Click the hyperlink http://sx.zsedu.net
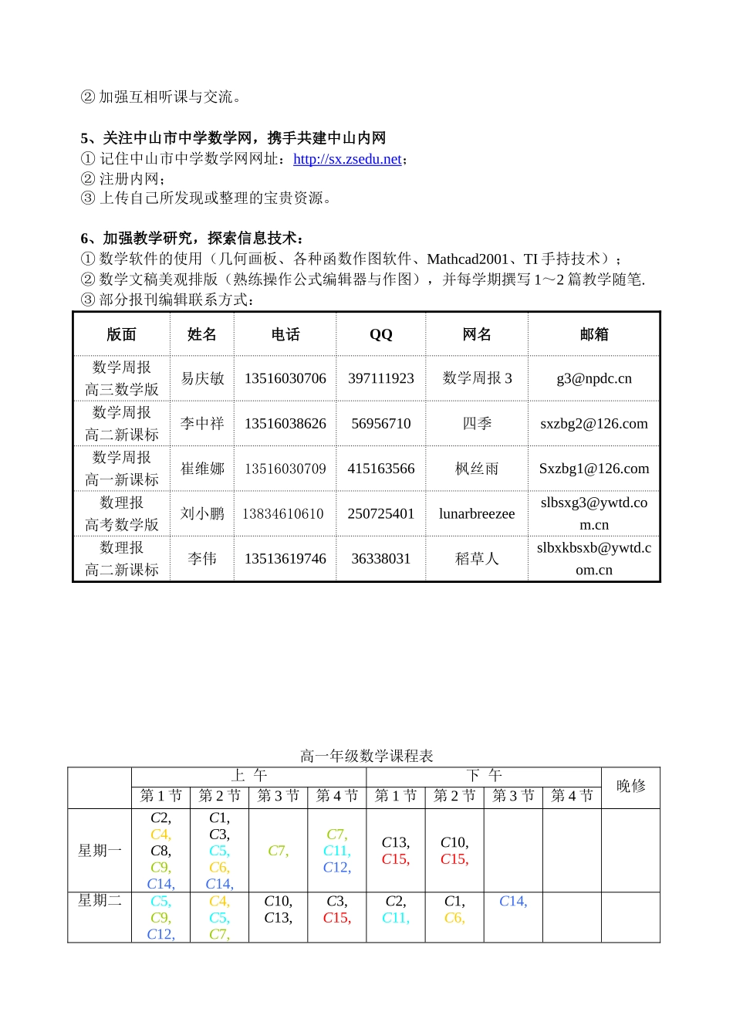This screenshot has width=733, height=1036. tap(347, 159)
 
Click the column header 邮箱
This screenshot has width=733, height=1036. tap(593, 334)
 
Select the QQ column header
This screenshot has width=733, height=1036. tap(380, 334)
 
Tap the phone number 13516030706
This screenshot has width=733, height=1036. tap(285, 378)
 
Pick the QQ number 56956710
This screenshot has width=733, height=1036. tap(380, 423)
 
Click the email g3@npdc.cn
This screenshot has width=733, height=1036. tap(593, 378)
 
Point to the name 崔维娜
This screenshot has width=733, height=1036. tap(202, 469)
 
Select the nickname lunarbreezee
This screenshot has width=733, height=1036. tap(476, 513)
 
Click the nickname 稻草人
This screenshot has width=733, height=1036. tap(476, 558)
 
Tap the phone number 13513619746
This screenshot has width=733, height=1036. tap(285, 558)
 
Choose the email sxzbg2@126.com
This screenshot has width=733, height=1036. tap(593, 423)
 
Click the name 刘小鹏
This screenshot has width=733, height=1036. tap(202, 513)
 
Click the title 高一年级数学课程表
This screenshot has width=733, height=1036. tap(366, 756)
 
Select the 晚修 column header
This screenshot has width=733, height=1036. tap(630, 786)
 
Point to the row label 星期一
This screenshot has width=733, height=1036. tap(100, 851)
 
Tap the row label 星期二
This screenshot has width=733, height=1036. tap(100, 900)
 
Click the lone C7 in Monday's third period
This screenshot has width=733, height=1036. tap(278, 851)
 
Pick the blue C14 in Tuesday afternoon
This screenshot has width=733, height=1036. tap(513, 901)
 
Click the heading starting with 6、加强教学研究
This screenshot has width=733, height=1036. tap(192, 238)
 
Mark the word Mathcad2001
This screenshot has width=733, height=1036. tap(468, 259)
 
